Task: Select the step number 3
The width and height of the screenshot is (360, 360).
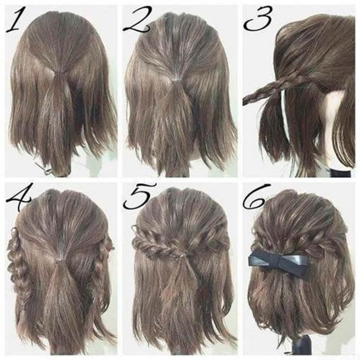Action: [258, 19]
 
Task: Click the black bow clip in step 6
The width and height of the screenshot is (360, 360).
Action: [278, 262]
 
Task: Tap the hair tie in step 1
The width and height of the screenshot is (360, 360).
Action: [60, 73]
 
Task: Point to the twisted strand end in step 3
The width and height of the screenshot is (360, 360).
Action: [246, 100]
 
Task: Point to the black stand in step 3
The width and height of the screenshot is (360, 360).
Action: [340, 173]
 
